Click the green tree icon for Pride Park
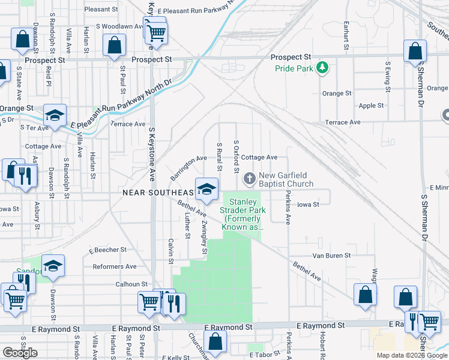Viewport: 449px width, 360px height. coord(322,67)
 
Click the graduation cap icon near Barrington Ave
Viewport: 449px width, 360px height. coord(206,190)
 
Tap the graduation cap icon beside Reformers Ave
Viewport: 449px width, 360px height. coord(53,266)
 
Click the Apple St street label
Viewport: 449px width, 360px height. coord(370,106)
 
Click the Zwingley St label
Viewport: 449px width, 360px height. coord(205,236)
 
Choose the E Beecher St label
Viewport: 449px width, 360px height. coord(107,249)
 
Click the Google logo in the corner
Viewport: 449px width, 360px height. coord(20,353)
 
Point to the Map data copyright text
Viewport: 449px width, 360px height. coord(412,355)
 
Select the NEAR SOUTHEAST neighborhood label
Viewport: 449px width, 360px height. coord(159,192)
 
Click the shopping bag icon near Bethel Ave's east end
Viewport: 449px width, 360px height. coord(365,295)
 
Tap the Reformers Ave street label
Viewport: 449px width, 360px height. coord(114,266)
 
